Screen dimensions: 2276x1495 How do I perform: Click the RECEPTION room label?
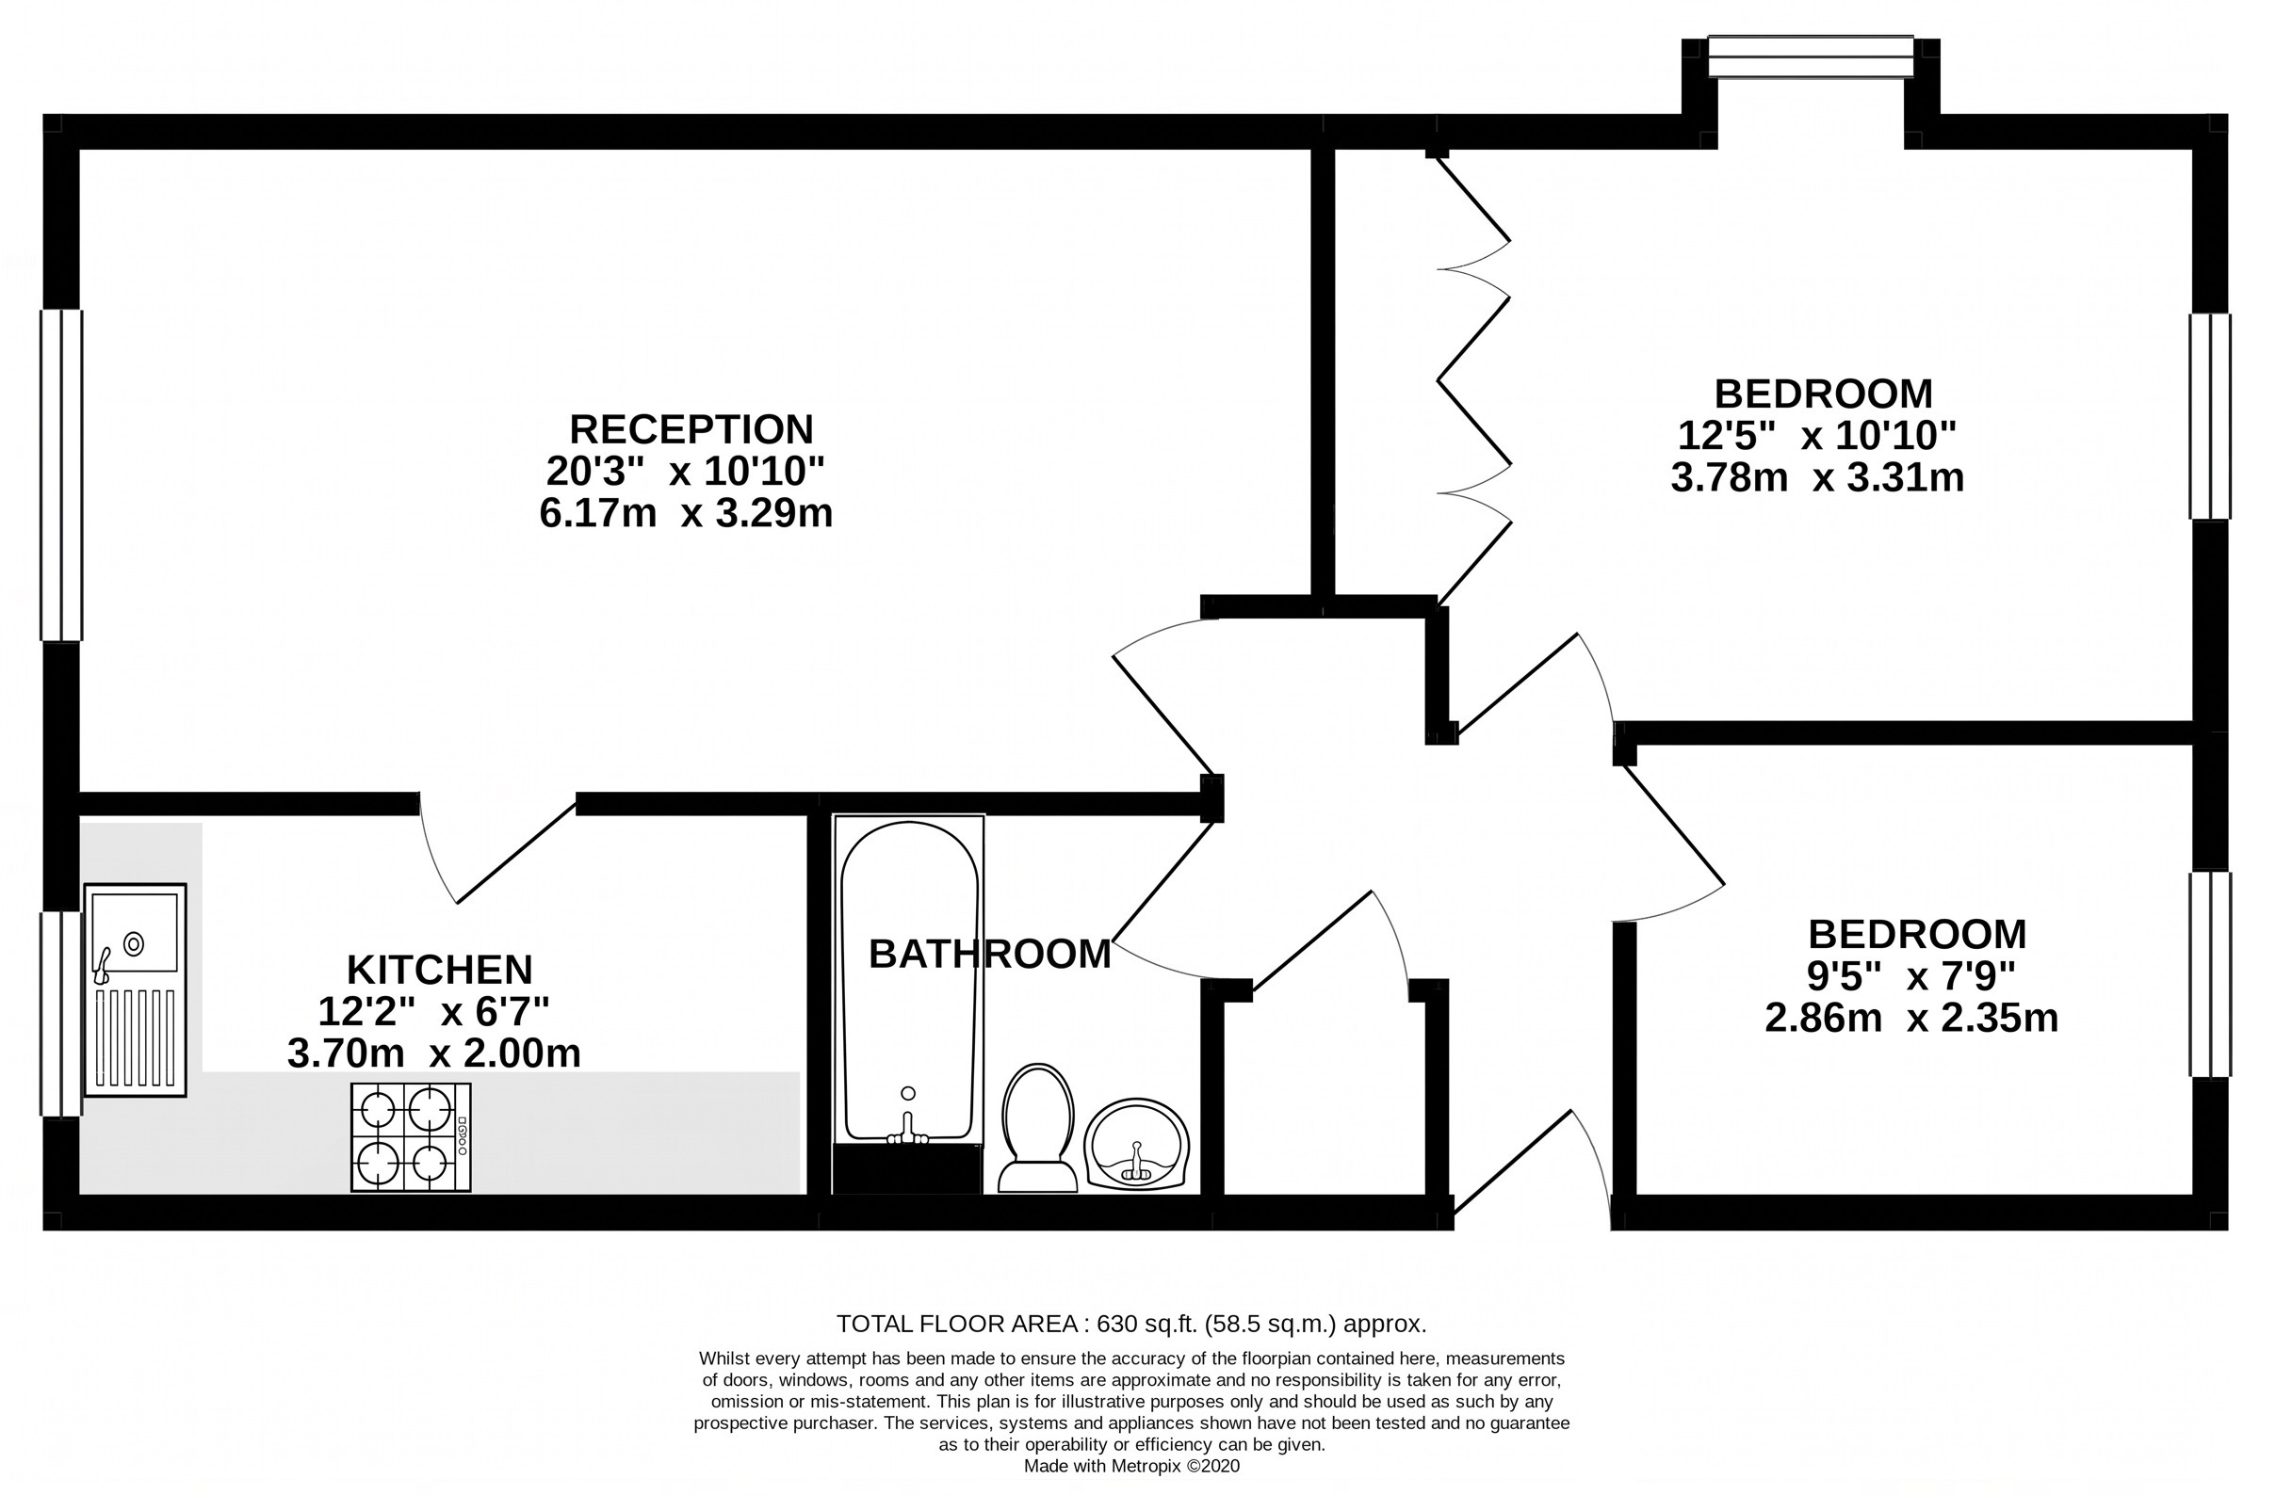(691, 430)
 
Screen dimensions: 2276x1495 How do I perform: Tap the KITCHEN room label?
(439, 971)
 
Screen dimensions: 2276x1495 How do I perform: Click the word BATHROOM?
(990, 954)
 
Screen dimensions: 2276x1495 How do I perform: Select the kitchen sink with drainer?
(135, 989)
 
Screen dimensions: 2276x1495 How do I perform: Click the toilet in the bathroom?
(1037, 1129)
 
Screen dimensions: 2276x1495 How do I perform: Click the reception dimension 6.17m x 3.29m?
(686, 513)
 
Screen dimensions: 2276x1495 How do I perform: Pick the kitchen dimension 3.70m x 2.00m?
(433, 1053)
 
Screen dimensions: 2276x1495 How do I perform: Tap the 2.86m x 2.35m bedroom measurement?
(1910, 1018)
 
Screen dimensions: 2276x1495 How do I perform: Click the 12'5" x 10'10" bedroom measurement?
(1817, 436)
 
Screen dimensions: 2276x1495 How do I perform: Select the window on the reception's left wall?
(61, 475)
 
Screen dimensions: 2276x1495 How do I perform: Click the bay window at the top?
(1811, 56)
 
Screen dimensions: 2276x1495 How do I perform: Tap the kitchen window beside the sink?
(61, 1013)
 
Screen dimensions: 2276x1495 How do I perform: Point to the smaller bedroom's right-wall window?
(2210, 974)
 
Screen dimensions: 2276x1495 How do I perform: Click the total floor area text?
(1131, 1324)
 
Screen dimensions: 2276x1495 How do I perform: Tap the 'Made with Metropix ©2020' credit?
(1131, 1466)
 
